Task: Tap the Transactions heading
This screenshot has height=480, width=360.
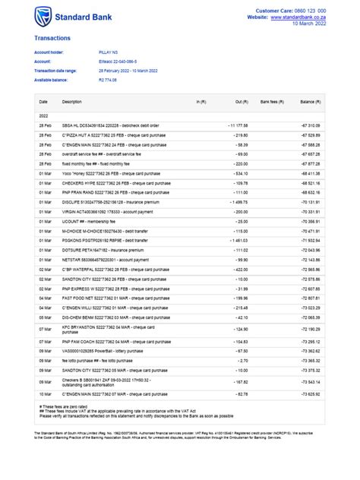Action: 52,36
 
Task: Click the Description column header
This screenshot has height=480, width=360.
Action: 71,101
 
